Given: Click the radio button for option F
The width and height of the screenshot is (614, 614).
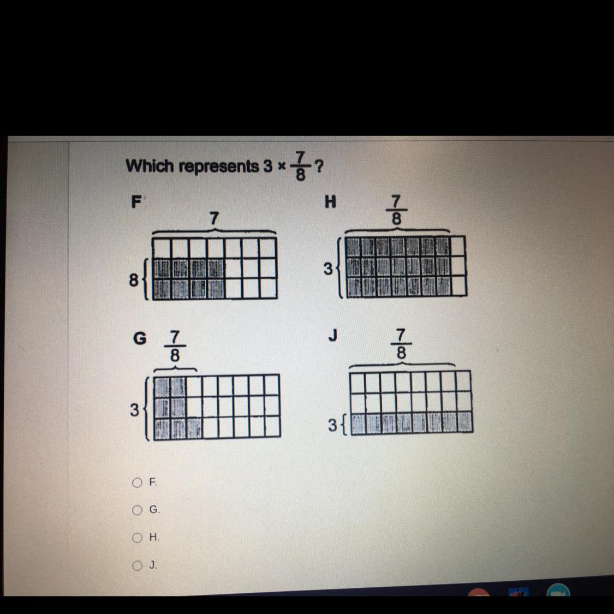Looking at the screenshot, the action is click(137, 482).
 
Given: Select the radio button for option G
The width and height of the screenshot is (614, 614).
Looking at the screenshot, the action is click(137, 510).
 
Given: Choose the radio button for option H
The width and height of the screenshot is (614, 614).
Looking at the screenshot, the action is click(137, 538).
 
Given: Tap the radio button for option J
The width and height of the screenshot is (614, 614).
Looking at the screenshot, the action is click(137, 565).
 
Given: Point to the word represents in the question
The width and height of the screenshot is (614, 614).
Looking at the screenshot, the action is click(219, 167).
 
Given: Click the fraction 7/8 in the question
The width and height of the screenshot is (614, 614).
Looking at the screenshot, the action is click(300, 166).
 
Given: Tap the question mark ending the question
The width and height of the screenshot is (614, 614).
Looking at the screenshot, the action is click(319, 166).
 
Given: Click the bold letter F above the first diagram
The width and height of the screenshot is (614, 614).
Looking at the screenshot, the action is click(136, 202).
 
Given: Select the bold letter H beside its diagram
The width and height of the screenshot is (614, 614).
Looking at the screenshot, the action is click(330, 201).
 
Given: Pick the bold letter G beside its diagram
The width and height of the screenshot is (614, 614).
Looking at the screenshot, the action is click(140, 338).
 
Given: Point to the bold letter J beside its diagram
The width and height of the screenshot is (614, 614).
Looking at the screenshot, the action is click(333, 335).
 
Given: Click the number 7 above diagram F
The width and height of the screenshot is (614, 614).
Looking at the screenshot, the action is click(214, 218).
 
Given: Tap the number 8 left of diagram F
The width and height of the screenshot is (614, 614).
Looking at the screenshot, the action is click(134, 281).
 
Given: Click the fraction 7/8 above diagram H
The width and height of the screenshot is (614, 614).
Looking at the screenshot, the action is click(396, 210).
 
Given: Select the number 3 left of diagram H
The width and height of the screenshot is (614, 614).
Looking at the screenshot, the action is click(328, 269).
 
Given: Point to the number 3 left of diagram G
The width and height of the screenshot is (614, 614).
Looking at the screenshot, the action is click(134, 410).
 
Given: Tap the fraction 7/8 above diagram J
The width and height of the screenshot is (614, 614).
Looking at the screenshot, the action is click(401, 344).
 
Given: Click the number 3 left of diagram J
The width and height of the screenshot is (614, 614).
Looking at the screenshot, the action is click(332, 425).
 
